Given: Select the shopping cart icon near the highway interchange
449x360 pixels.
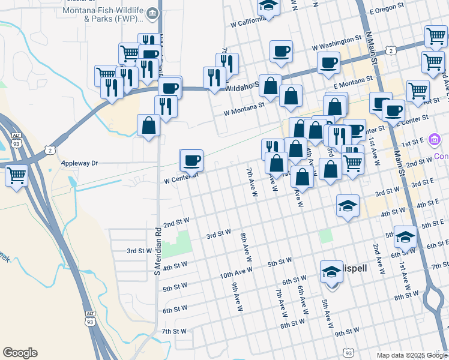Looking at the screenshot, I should click(x=17, y=176).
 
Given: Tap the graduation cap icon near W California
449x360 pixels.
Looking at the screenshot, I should click(x=268, y=7).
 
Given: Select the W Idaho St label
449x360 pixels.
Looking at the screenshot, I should click(x=241, y=87).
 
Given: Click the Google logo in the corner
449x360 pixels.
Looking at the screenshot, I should click(x=20, y=353).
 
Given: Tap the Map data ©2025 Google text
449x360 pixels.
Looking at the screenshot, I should click(x=411, y=355).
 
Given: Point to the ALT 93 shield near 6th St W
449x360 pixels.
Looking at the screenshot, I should click(x=90, y=317).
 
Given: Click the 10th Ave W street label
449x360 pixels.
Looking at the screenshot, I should click(x=236, y=274).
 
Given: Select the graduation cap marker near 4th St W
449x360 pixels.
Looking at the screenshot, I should click(x=348, y=206).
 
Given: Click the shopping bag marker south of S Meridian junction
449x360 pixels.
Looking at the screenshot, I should click(x=148, y=125).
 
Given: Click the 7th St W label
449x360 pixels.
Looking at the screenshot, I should click(x=175, y=331).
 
